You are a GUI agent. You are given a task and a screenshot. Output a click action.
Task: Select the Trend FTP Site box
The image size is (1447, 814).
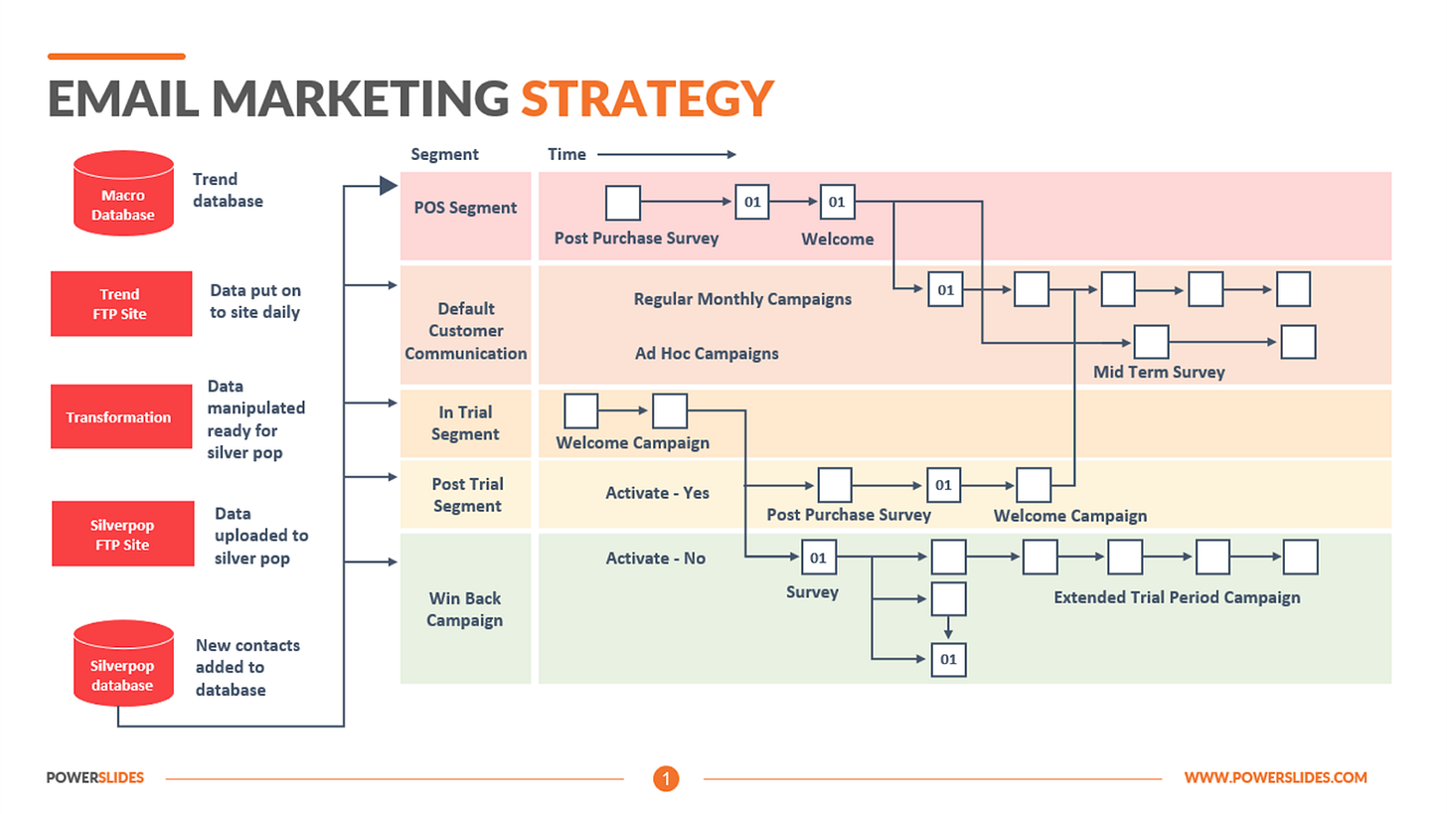[x=121, y=303]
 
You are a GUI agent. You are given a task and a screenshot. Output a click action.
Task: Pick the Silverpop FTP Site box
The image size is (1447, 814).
[x=122, y=534]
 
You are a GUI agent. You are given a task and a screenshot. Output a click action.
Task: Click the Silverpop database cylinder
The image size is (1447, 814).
[x=122, y=664]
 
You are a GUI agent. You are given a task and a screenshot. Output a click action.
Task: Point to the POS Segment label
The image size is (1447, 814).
[x=466, y=208]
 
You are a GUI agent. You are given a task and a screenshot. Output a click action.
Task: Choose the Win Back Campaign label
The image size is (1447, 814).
[x=465, y=609]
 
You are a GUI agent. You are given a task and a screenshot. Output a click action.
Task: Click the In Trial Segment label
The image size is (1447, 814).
[x=465, y=422]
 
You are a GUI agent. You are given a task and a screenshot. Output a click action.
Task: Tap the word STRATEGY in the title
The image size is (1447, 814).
[x=647, y=100]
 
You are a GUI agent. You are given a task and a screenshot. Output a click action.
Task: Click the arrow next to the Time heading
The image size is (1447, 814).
[x=666, y=154]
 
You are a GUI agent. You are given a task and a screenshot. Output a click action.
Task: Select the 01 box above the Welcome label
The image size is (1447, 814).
[x=837, y=203]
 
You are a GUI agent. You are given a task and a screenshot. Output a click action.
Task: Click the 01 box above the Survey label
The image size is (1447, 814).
[x=818, y=559]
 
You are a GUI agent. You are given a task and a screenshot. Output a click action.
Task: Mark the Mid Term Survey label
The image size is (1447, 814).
[x=1159, y=372]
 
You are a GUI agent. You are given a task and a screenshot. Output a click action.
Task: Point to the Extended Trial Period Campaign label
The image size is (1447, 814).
[x=1177, y=597]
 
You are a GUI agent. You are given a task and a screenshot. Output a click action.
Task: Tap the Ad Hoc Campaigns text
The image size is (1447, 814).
[x=707, y=353]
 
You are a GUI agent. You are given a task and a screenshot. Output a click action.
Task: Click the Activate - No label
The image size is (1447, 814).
[x=656, y=559]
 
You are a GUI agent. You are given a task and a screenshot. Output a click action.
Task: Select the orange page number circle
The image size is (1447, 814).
[x=666, y=778]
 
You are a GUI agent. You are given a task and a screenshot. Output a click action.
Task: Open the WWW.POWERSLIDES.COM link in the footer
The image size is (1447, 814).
[x=1275, y=778]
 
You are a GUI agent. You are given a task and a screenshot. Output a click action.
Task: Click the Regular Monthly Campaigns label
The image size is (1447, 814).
[x=742, y=298]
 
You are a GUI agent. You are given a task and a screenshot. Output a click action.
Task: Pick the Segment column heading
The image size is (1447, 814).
[x=444, y=154]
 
